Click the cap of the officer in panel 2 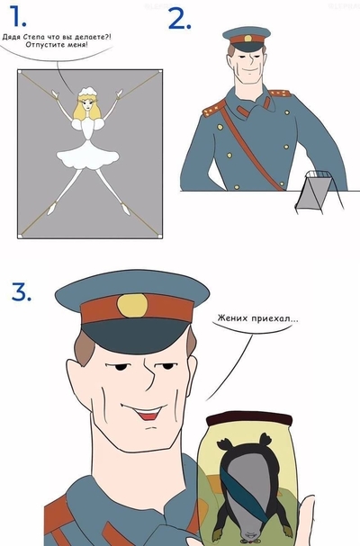click(x=246, y=36)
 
